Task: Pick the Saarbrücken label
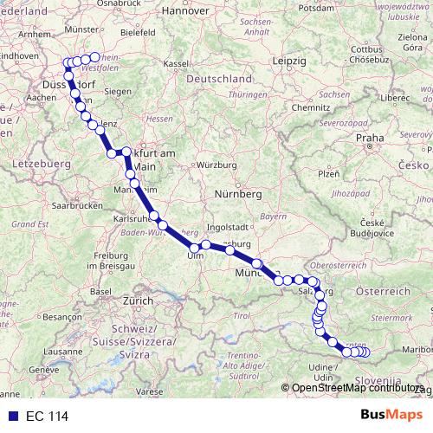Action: [x=74, y=206]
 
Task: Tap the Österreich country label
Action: [x=382, y=292]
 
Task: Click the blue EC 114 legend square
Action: [x=13, y=416]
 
